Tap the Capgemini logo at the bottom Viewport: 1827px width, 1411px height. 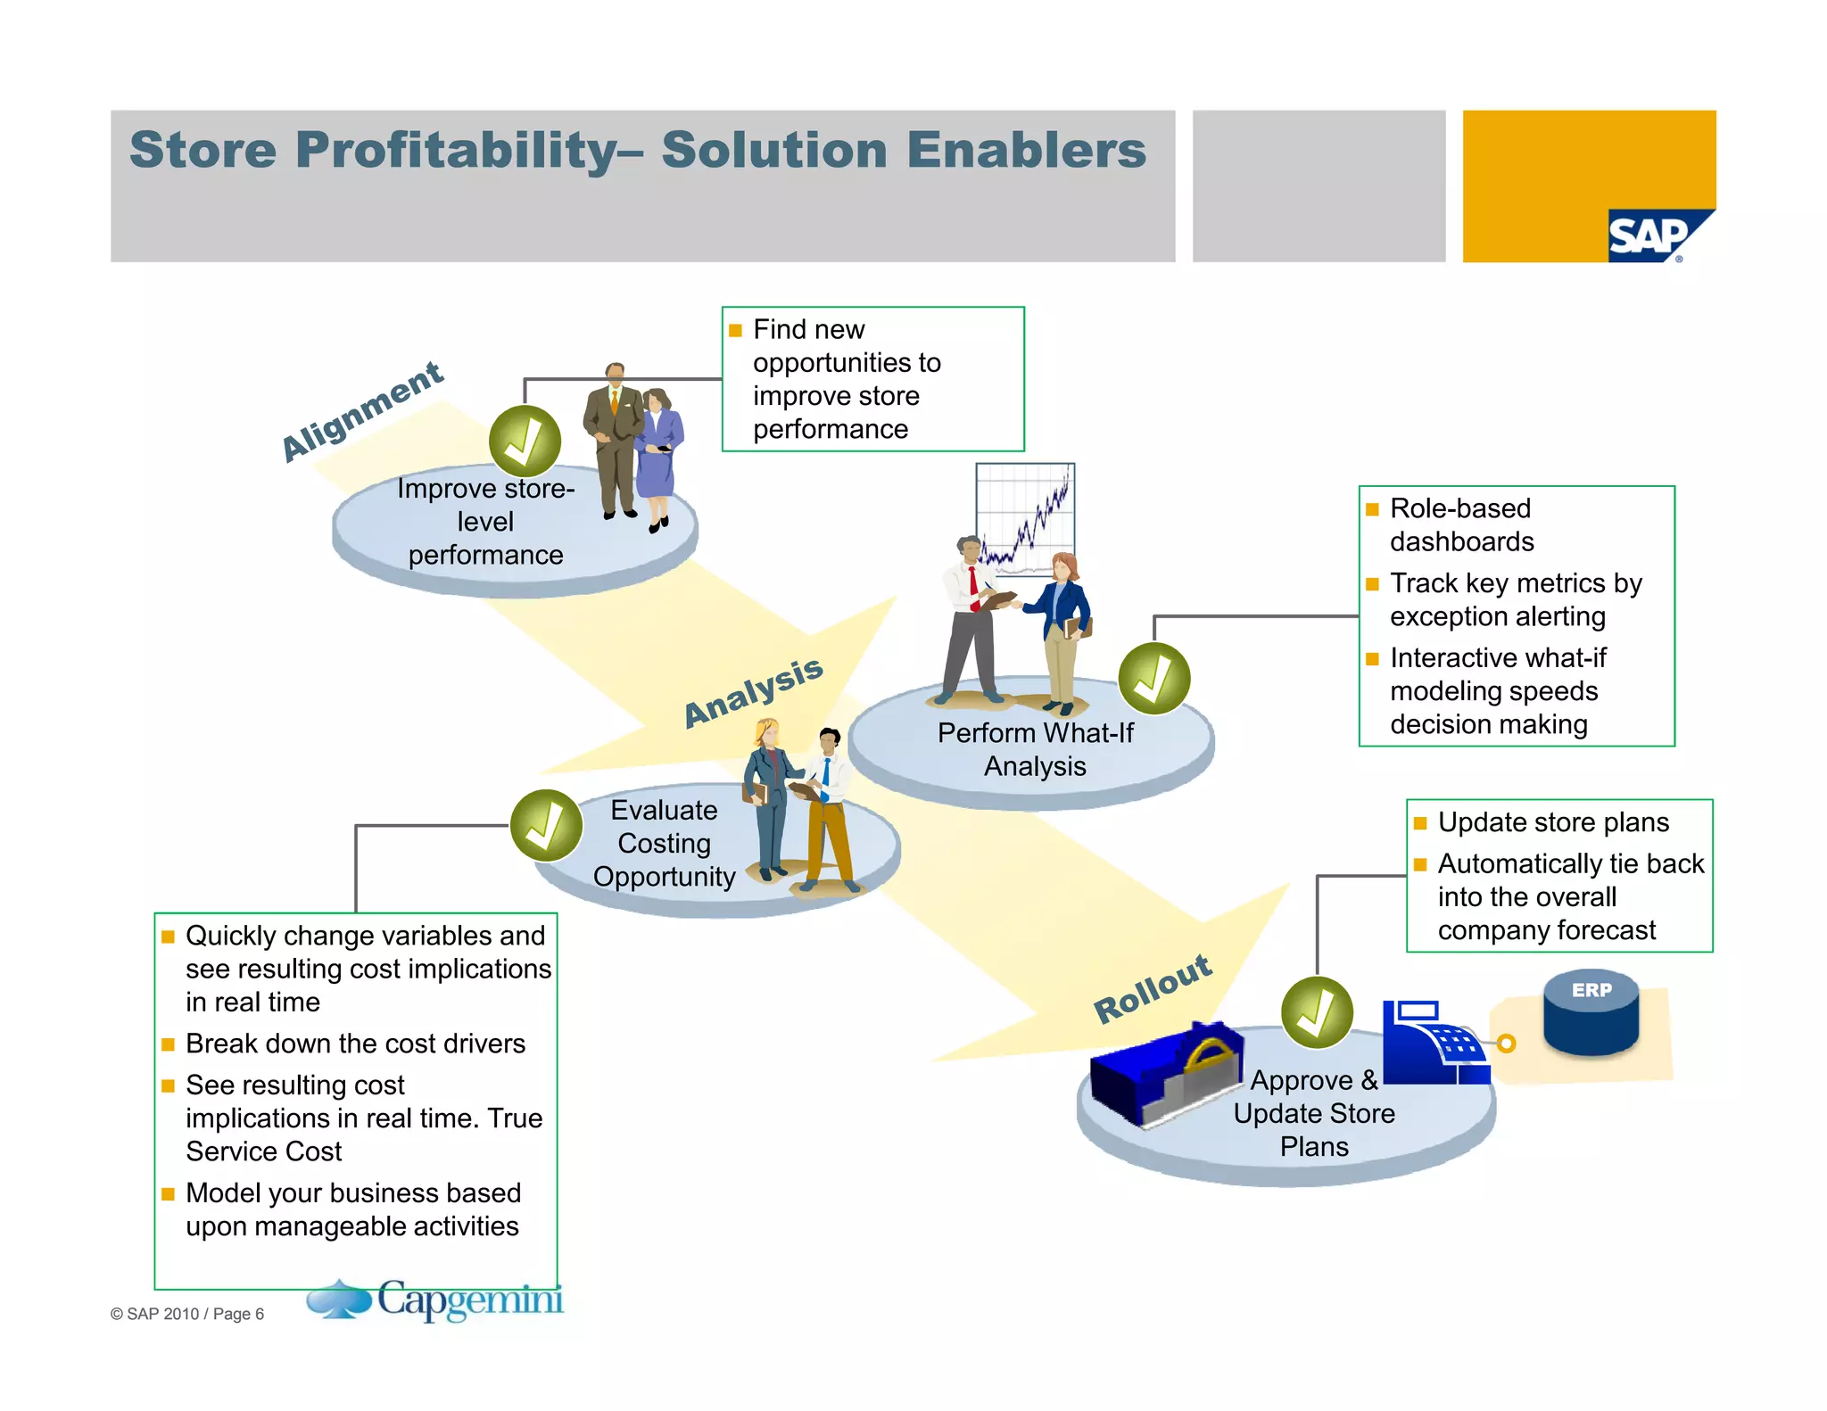(x=437, y=1300)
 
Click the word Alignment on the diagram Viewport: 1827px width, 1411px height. (x=362, y=411)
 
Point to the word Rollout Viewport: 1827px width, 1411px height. (x=1153, y=988)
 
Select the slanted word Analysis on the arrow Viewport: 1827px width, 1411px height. (x=753, y=692)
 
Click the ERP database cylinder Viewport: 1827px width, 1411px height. (x=1591, y=1013)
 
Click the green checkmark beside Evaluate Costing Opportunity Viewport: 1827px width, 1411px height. (x=546, y=825)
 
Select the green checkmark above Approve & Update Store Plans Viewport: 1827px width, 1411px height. (x=1317, y=1012)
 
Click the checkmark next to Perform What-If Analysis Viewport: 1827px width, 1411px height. (x=1154, y=679)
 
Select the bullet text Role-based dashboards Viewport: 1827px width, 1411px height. (x=1460, y=524)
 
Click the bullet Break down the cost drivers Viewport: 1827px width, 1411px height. (x=355, y=1044)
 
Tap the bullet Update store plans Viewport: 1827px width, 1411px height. (x=1552, y=821)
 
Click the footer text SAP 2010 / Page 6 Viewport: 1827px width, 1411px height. (x=187, y=1314)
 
